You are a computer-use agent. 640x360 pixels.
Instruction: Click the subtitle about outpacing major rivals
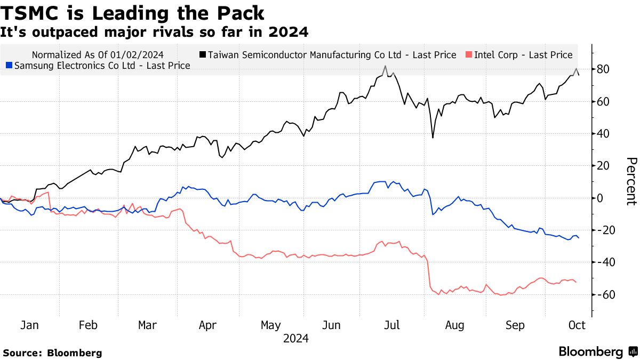tap(154, 32)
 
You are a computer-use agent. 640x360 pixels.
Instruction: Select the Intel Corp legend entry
tap(518, 54)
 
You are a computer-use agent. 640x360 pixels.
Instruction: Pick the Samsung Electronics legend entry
tap(98, 66)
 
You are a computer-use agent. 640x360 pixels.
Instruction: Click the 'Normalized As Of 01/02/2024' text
tap(98, 54)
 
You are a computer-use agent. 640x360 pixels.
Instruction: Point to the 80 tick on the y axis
tap(604, 69)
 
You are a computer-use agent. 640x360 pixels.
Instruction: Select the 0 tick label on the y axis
tap(601, 198)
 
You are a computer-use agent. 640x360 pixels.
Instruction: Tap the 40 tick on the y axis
tap(604, 133)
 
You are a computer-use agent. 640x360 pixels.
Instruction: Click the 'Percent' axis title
tap(630, 181)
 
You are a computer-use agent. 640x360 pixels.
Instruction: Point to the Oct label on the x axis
tap(577, 325)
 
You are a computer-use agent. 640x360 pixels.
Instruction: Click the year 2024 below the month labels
tap(295, 338)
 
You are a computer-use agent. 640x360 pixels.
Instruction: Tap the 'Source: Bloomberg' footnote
tap(52, 353)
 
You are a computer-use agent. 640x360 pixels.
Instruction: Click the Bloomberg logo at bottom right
tap(597, 351)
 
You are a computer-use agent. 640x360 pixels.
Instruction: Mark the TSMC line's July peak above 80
tap(385, 67)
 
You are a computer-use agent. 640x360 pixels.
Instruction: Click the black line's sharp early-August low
tap(433, 138)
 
